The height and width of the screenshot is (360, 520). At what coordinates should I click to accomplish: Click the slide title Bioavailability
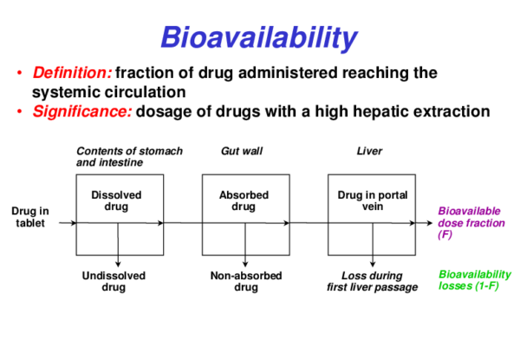pos(258,37)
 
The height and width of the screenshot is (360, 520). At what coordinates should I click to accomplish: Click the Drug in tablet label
pos(30,217)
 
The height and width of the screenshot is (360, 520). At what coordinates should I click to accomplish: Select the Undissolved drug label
pos(118,281)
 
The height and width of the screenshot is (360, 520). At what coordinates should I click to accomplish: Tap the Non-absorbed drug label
pos(245,281)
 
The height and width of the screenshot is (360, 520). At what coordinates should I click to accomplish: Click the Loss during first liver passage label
pos(372,281)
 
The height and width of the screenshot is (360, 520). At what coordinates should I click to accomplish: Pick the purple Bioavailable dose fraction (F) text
pos(468,222)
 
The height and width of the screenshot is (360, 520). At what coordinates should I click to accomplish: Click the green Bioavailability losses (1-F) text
pos(473,279)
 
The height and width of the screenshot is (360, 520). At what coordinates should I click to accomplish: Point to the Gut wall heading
pos(242,152)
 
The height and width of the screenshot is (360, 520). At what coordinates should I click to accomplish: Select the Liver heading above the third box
pos(369,152)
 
